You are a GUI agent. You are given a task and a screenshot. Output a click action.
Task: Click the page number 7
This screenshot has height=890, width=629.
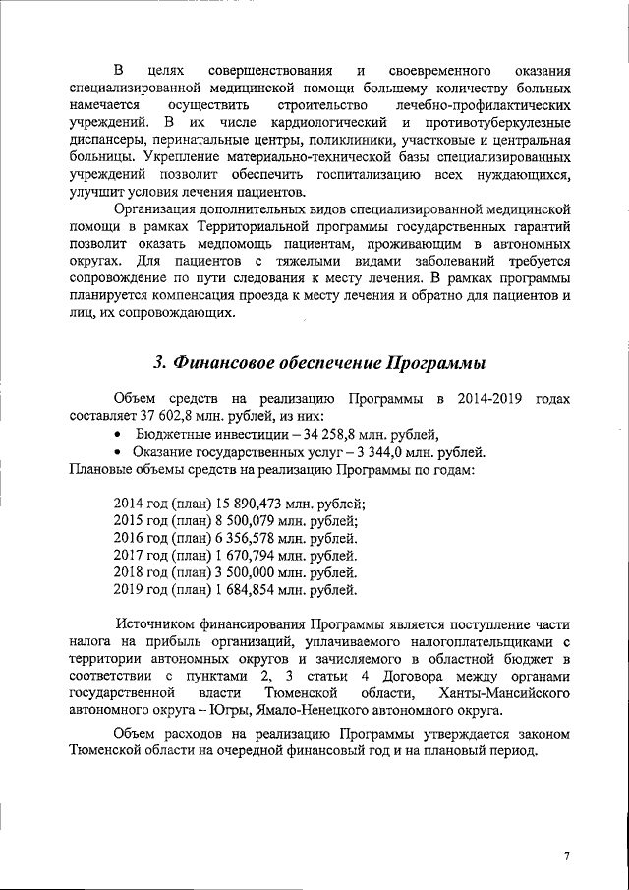(566, 856)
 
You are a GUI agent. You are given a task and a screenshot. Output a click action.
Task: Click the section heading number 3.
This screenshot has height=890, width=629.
(159, 363)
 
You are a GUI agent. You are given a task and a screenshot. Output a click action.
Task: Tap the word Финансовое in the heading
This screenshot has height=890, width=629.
(231, 363)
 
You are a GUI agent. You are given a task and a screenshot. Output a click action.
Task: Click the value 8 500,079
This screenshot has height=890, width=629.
(257, 520)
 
